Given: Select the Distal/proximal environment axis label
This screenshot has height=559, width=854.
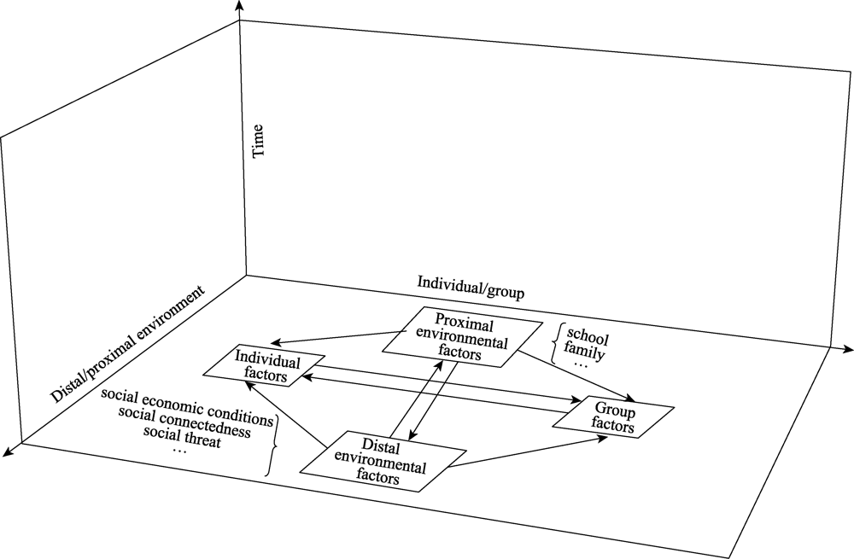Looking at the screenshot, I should (x=127, y=345).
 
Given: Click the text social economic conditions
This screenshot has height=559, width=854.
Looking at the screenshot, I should (x=186, y=397).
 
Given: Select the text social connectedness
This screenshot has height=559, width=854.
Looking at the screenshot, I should (x=184, y=414).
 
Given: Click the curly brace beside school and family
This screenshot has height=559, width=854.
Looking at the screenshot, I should (x=556, y=343).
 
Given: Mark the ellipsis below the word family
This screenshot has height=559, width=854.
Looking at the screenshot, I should (x=581, y=364).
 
